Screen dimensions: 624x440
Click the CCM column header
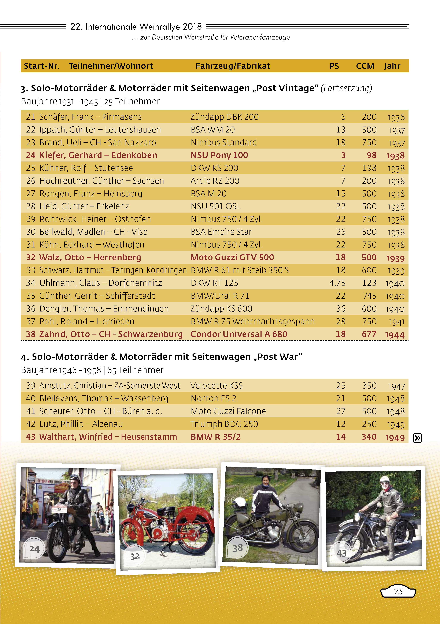[365, 66]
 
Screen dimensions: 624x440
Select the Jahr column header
[392, 66]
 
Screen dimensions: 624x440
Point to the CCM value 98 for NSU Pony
[371, 155]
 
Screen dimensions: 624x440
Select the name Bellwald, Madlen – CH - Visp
[94, 232]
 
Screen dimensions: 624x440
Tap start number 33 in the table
[31, 270]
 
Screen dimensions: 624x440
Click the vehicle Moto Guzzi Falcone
[228, 411]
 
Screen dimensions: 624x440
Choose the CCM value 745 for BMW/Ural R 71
[370, 296]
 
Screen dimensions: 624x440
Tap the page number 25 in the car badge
[398, 592]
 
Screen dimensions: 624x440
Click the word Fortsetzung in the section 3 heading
[346, 88]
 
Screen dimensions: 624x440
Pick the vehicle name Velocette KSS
[217, 385]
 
